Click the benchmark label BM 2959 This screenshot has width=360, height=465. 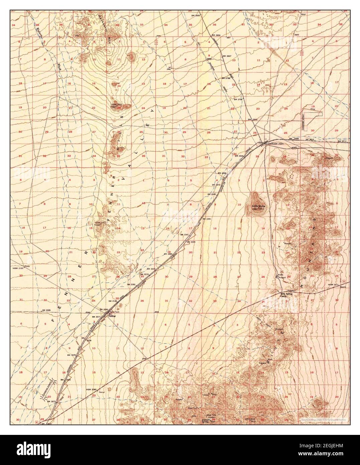click(216, 35)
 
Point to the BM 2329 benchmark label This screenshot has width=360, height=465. click(191, 242)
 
